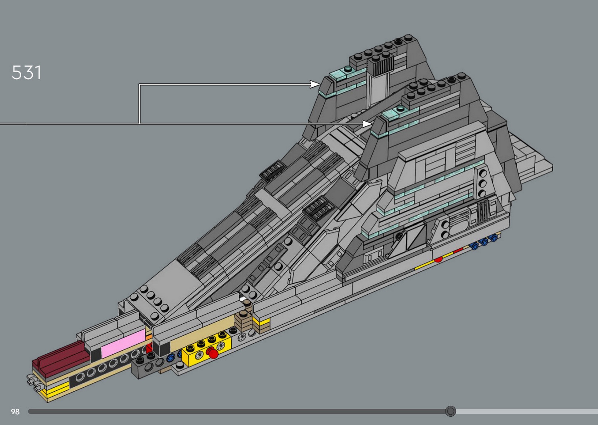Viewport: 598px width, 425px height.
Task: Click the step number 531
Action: (26, 73)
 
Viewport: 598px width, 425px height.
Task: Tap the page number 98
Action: (15, 412)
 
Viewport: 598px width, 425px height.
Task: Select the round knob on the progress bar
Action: (450, 411)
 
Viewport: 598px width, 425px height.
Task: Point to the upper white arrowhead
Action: (315, 84)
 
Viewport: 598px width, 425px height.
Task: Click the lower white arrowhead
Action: (367, 123)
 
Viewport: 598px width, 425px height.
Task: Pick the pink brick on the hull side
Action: (123, 344)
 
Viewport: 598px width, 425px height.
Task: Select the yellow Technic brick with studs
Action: (206, 348)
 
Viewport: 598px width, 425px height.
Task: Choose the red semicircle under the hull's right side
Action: (438, 259)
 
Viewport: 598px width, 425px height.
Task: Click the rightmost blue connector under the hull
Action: (493, 238)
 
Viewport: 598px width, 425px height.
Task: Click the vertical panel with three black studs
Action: (482, 183)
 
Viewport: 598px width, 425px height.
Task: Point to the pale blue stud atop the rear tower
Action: (348, 69)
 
